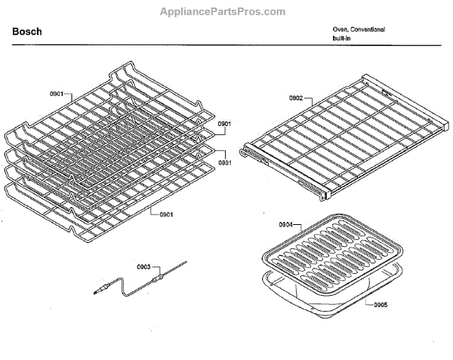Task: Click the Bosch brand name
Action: click(27, 32)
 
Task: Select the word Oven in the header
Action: click(340, 29)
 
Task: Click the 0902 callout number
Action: click(295, 98)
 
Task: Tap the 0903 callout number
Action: click(143, 266)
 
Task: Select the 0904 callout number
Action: click(285, 225)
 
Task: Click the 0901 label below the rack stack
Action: click(166, 214)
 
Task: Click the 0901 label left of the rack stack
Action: click(56, 95)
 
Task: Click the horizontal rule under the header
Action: click(226, 45)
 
